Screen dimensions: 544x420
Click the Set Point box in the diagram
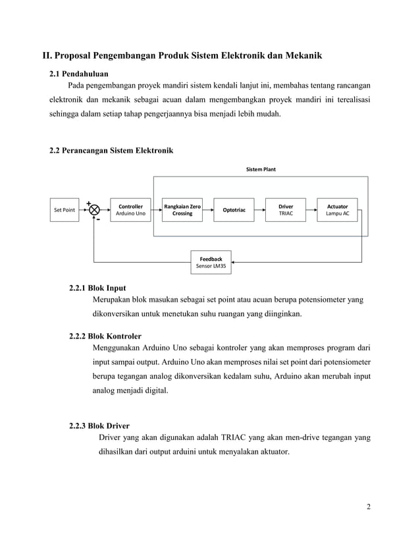pyautogui.click(x=64, y=210)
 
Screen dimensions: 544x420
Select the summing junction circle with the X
pyautogui.click(x=94, y=210)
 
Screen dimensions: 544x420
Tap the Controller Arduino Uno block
pyautogui.click(x=130, y=210)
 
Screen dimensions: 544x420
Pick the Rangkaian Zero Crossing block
pyautogui.click(x=182, y=210)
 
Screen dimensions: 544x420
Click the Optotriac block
pyautogui.click(x=234, y=210)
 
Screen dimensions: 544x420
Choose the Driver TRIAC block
pyautogui.click(x=286, y=210)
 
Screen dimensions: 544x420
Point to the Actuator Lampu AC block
pyautogui.click(x=338, y=210)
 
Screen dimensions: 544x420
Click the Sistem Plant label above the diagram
pyautogui.click(x=261, y=169)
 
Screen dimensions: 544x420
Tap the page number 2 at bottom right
pyautogui.click(x=368, y=506)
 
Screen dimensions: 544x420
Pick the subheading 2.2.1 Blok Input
pyautogui.click(x=97, y=288)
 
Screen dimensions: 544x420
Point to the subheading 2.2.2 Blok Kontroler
pyautogui.click(x=105, y=336)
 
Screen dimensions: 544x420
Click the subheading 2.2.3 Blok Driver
pyautogui.click(x=99, y=425)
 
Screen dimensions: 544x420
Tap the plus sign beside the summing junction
pyautogui.click(x=88, y=202)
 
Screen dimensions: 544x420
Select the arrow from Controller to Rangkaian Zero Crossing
pyautogui.click(x=155, y=210)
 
